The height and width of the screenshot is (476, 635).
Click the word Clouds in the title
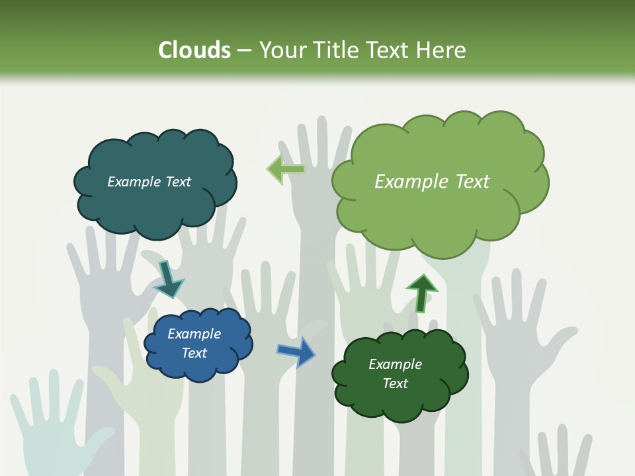point(194,50)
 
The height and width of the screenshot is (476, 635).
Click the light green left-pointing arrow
point(286,169)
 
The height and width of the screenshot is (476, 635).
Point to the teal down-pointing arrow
point(168,280)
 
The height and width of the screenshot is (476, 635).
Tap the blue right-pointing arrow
point(297,351)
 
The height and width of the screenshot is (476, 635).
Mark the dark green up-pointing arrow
point(422,292)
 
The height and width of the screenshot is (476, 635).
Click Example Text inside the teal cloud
point(149,182)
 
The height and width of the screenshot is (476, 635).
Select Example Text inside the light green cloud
point(432,182)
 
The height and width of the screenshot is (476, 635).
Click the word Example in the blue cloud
point(194,334)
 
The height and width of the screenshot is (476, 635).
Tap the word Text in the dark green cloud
point(395,383)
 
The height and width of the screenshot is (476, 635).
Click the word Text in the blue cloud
point(194,353)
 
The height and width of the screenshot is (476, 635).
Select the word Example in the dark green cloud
point(395,364)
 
